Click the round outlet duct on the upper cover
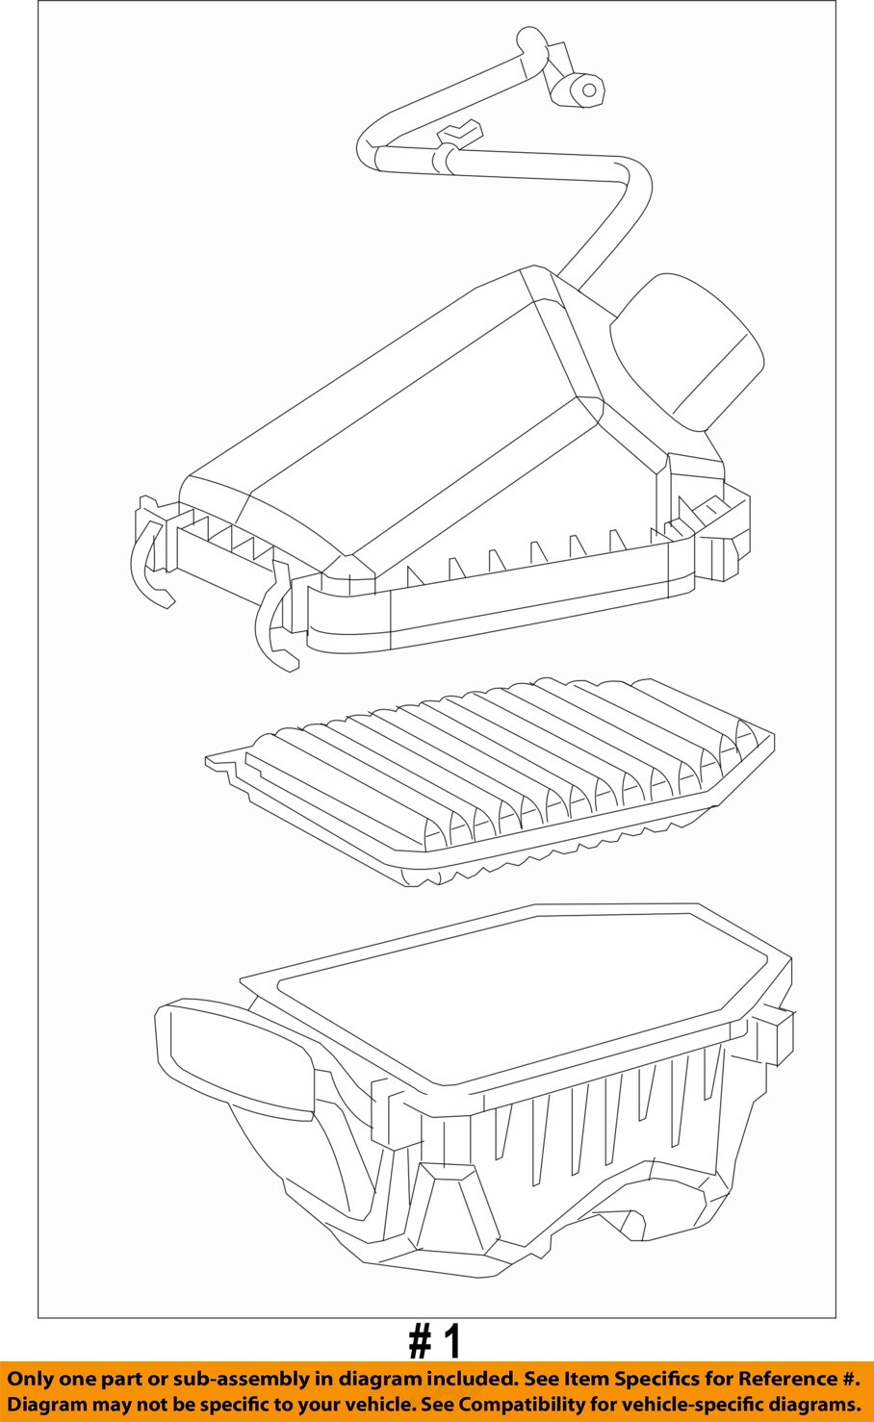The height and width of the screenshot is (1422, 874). coord(686,352)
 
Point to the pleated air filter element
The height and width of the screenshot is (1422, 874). coord(489,780)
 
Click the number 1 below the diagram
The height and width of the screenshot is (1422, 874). coord(451,1339)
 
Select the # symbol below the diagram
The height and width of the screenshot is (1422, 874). coord(420,1339)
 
